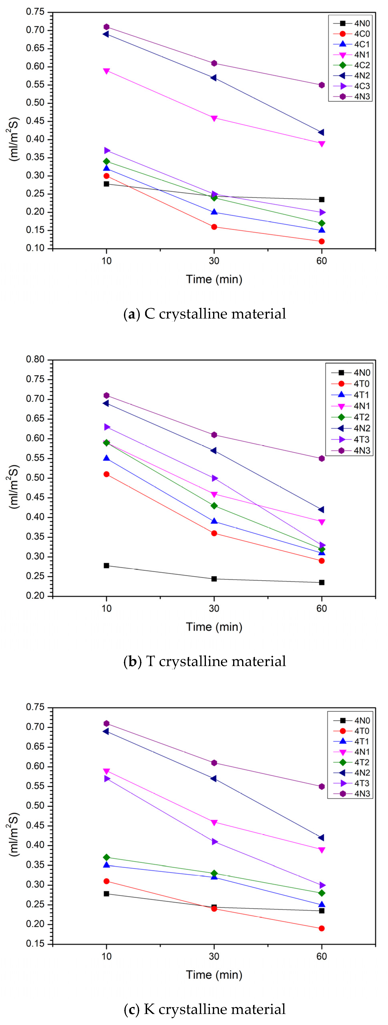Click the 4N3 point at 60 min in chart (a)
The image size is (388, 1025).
click(322, 85)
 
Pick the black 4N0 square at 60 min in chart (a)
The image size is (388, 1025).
click(322, 199)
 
